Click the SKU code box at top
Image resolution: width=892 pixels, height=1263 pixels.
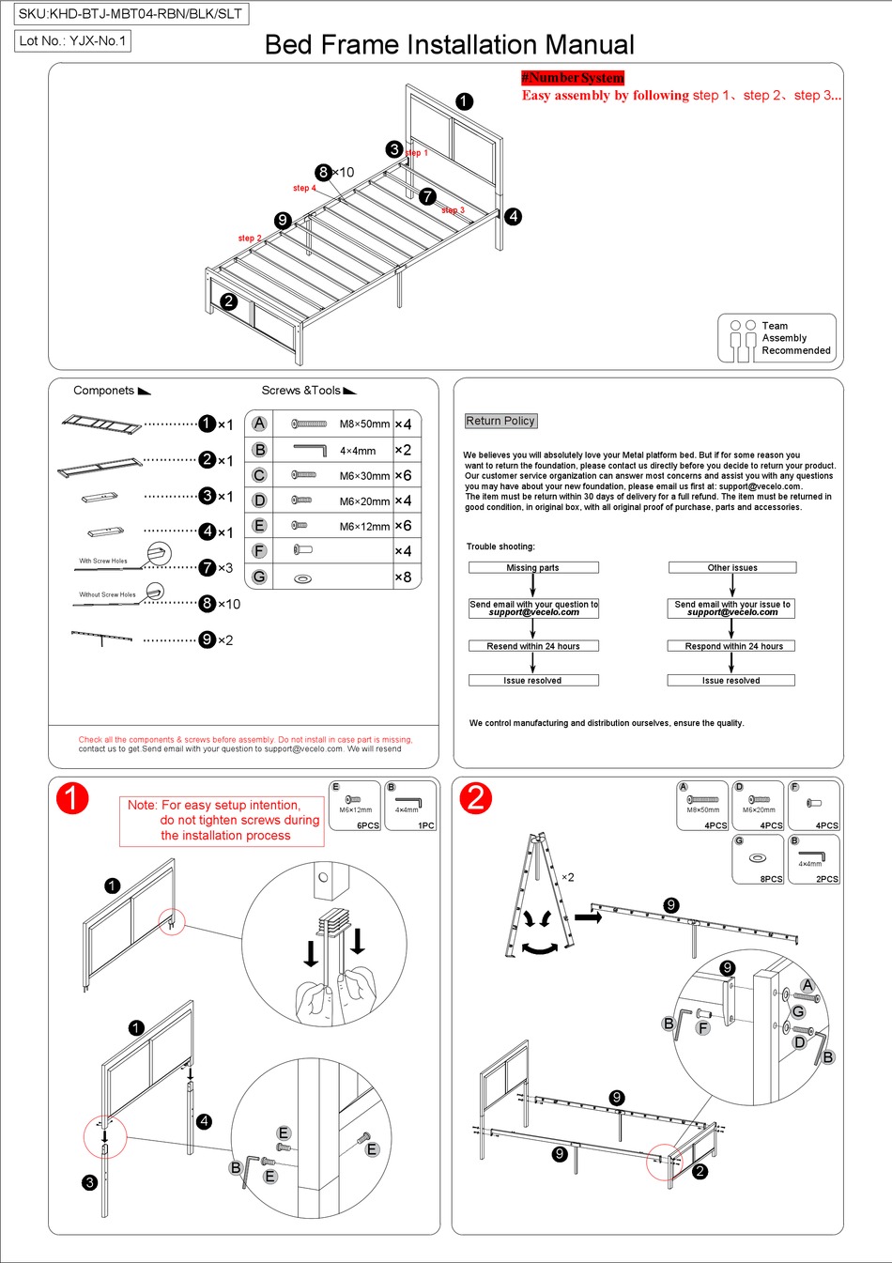[131, 13]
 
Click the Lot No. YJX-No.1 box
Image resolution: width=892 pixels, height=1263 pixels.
[72, 40]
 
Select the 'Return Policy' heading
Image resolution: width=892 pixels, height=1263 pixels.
[500, 421]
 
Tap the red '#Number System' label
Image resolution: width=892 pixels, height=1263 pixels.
[573, 78]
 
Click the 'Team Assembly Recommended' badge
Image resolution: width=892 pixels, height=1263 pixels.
[777, 338]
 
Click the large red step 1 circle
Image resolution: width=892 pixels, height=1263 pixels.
[72, 798]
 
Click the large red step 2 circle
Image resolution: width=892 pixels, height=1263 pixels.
[476, 798]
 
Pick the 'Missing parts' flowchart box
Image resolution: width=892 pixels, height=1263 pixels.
[532, 567]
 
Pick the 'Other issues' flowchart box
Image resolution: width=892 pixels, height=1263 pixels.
[732, 567]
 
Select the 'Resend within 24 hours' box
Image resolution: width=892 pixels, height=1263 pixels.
[533, 646]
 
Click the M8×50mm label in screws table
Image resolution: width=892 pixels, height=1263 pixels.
[364, 424]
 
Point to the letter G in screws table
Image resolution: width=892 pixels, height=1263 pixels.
[259, 577]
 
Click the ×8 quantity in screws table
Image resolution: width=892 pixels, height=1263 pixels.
[403, 577]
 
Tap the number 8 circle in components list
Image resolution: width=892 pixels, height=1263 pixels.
[208, 604]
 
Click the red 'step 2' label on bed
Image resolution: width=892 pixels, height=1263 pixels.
[249, 239]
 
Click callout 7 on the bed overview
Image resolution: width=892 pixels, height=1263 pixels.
[427, 196]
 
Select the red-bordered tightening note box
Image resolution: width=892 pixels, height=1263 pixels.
[222, 821]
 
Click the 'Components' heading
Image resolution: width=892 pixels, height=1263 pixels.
[104, 391]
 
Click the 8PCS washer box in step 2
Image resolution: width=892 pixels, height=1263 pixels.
[758, 859]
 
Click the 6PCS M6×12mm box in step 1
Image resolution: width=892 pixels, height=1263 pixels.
[355, 806]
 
